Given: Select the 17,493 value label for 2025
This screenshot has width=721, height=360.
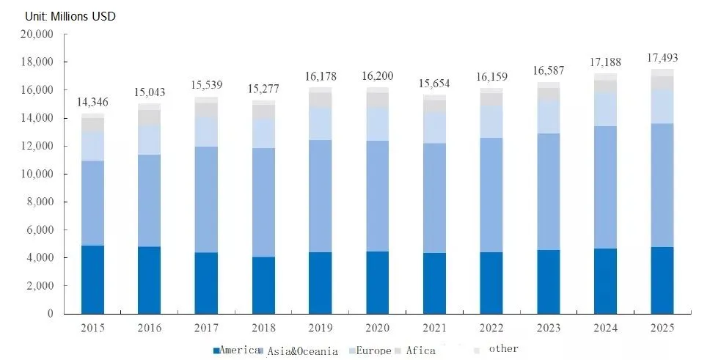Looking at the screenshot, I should [x=662, y=57].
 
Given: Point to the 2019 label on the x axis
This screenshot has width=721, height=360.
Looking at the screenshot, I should [x=321, y=327].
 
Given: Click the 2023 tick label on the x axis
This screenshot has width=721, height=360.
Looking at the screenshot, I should [x=548, y=327].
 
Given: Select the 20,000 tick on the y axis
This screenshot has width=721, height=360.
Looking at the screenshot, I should [x=37, y=34].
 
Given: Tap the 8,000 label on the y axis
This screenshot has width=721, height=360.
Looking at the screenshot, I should [x=40, y=202].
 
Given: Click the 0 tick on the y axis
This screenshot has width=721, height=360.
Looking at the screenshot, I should [x=51, y=314].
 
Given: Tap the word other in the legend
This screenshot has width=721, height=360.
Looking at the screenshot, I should [x=502, y=348].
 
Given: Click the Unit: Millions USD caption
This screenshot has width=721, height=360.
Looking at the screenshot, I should [x=70, y=16].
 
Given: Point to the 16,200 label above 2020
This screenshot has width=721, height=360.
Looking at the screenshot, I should [x=377, y=76].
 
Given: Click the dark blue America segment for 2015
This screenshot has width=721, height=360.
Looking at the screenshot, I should [x=92, y=279].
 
